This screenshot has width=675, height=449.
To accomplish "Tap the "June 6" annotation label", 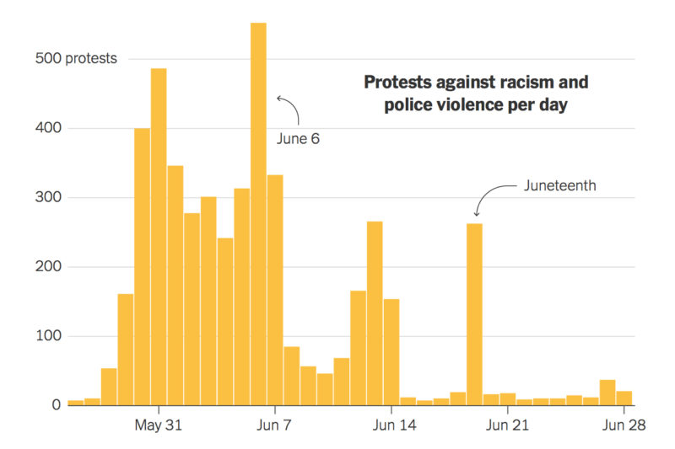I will tap(298, 139).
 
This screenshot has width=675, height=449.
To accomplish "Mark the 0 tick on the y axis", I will tap(57, 405).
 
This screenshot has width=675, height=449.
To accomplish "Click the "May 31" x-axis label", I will tap(159, 425).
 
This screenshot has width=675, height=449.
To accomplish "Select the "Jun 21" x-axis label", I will tap(507, 425).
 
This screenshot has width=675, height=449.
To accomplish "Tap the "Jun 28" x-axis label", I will tap(624, 425).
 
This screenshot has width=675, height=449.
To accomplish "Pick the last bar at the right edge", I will tap(624, 398).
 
